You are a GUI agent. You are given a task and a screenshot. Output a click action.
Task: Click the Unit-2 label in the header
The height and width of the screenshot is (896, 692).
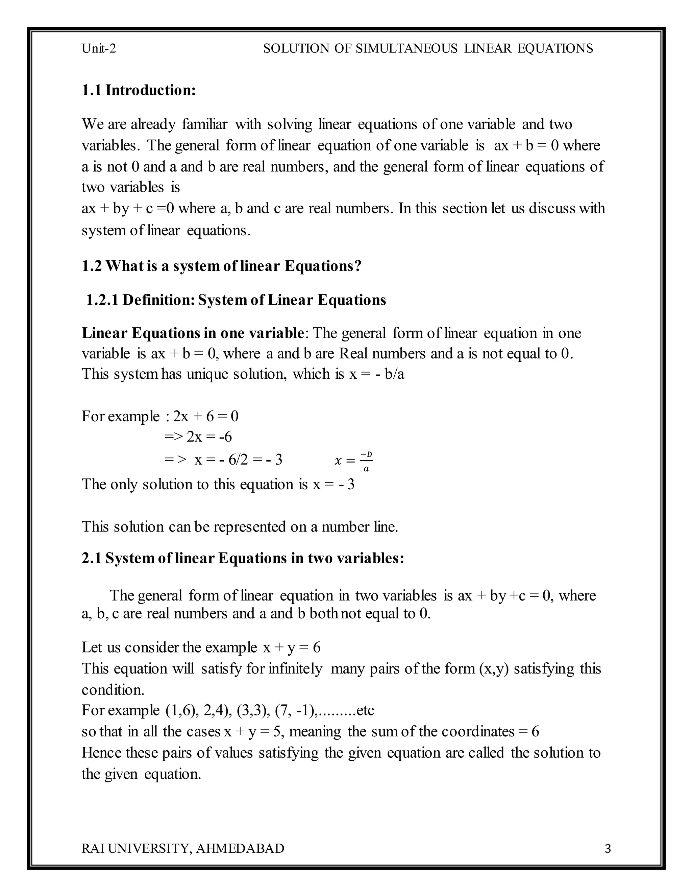pos(99,49)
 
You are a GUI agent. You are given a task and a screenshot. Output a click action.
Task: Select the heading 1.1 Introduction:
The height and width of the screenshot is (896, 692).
pos(139,90)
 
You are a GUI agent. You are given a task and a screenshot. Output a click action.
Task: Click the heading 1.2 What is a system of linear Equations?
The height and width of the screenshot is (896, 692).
pos(221,266)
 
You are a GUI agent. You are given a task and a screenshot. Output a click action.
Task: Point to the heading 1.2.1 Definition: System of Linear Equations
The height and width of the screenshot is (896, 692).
pos(236,300)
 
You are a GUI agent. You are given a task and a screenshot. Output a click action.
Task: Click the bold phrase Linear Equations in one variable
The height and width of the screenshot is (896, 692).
pos(192,333)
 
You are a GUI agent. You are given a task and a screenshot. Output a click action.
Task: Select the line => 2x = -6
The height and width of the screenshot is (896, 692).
pos(198,437)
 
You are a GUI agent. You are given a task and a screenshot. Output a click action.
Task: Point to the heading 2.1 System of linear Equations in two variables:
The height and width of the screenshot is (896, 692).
pos(243,558)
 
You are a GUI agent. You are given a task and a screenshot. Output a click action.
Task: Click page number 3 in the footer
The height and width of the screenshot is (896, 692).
pos(608,848)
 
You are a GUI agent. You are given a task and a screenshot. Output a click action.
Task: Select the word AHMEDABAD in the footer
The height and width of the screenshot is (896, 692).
pos(240,848)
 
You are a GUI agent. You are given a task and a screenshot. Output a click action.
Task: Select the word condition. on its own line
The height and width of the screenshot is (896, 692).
pos(113,690)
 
